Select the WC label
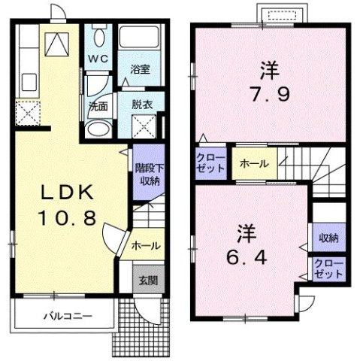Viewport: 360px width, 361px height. [x=98, y=57]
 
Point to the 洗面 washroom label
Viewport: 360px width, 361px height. [x=98, y=105]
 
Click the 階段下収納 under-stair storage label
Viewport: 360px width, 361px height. [x=146, y=174]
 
